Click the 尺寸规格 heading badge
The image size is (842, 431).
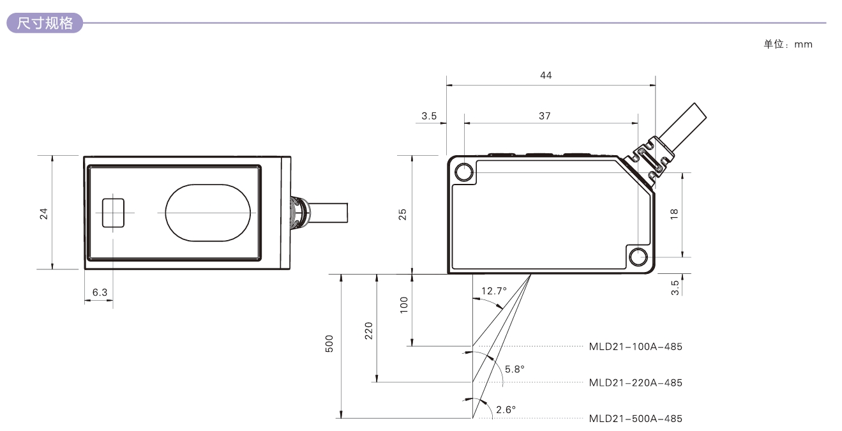click(x=43, y=24)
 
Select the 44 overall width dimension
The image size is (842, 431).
click(x=545, y=75)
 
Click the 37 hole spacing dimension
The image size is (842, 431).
click(x=545, y=116)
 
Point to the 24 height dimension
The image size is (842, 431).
click(x=44, y=213)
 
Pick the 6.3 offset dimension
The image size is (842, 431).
click(x=100, y=292)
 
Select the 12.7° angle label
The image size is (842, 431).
click(x=493, y=291)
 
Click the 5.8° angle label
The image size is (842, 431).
click(x=515, y=369)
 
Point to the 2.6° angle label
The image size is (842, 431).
click(x=506, y=409)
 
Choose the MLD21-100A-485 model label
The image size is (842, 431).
click(x=635, y=347)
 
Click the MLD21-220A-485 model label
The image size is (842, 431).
click(x=635, y=382)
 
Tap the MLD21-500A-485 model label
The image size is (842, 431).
click(x=635, y=418)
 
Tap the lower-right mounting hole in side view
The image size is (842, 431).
click(x=638, y=257)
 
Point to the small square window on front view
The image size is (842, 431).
click(x=113, y=213)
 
